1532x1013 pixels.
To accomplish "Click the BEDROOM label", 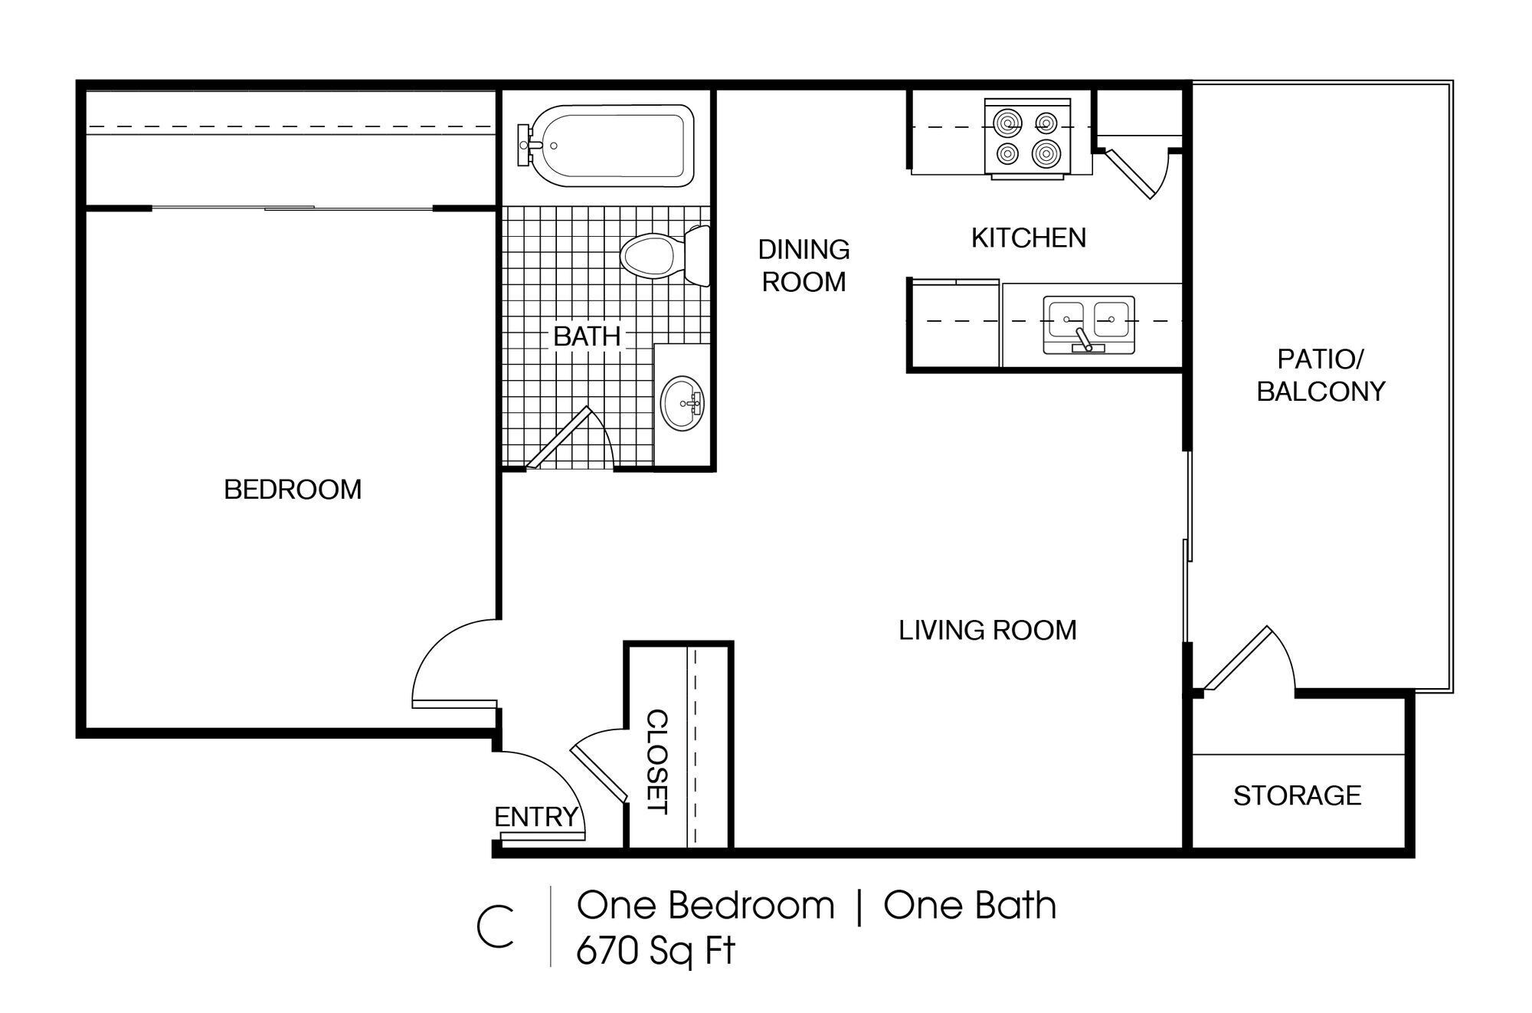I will pos(293,489).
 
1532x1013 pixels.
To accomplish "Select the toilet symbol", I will pos(663,256).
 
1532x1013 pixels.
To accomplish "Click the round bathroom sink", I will pos(684,402).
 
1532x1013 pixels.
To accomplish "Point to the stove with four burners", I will pos(1027,137).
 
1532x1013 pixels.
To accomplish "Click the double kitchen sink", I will pos(1088,323).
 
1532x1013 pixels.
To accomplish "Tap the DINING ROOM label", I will pos(804,265).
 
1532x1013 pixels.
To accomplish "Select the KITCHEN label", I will pos(1028,238).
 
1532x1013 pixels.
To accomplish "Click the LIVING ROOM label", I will pos(987,630).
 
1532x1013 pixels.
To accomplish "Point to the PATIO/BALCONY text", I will pos(1321,375).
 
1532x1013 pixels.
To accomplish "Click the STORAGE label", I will pos(1297,795).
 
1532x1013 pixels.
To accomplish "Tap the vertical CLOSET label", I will pos(657,762).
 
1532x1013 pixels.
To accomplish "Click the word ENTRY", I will pos(535,817).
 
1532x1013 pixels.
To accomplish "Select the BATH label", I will pos(587,336).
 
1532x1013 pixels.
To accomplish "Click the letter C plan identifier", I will pos(496,927).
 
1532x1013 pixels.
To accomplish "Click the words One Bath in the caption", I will pos(970,906).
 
